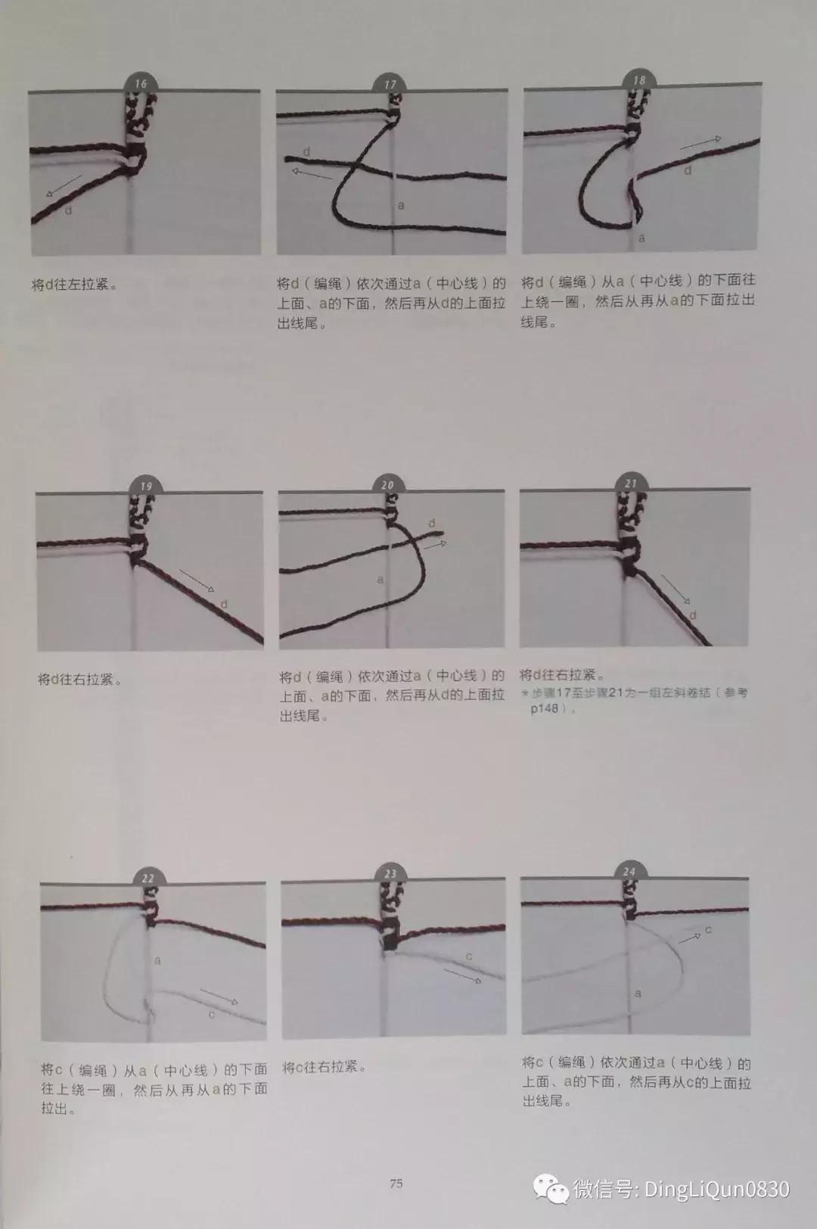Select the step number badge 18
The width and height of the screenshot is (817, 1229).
tap(639, 80)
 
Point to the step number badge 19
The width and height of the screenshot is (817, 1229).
tap(146, 486)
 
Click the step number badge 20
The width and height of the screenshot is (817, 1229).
tap(388, 485)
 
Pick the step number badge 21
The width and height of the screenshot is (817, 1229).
tap(631, 483)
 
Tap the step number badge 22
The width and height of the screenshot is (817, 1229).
tap(148, 878)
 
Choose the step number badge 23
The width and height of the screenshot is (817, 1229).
tap(390, 873)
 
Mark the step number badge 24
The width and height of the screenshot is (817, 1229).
tap(629, 872)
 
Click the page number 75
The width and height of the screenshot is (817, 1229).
tap(396, 1184)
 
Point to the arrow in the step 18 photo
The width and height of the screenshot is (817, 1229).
tap(700, 142)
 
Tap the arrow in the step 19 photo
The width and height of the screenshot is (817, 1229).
tap(197, 580)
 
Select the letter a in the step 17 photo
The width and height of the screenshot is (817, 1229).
tap(401, 205)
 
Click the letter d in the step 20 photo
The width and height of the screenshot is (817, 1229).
tap(432, 523)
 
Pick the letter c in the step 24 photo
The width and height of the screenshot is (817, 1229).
tap(708, 929)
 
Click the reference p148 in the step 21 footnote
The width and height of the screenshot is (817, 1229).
tap(545, 709)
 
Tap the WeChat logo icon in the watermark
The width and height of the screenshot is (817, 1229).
tap(552, 1189)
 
